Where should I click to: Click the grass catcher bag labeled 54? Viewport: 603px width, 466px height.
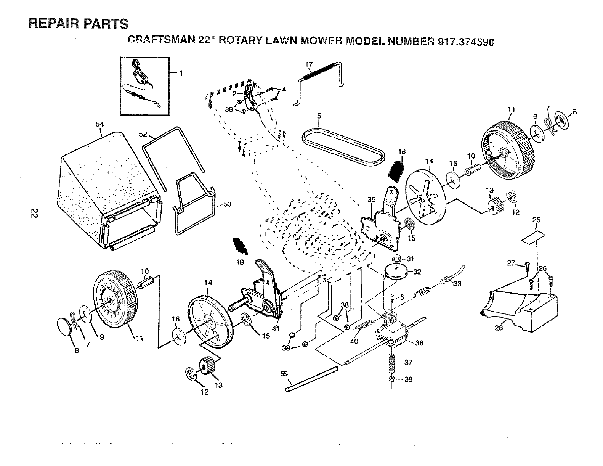(110, 191)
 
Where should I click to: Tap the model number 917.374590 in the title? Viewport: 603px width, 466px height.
(466, 42)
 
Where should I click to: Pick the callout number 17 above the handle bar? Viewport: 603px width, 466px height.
(309, 64)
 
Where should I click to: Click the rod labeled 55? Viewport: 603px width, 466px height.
(312, 379)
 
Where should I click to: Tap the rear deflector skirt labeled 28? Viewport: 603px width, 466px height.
(519, 310)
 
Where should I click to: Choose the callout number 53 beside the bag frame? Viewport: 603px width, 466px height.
(228, 204)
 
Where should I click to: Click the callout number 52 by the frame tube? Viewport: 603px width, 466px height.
(143, 134)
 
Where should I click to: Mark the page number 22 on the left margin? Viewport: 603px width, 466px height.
(34, 213)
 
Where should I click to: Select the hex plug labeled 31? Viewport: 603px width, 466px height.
(396, 258)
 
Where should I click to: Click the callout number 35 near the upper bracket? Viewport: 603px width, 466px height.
(371, 199)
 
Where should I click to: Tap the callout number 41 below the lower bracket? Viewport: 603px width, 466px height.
(276, 329)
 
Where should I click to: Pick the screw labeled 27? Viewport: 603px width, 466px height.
(528, 265)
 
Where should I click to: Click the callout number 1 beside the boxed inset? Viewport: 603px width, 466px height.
(181, 73)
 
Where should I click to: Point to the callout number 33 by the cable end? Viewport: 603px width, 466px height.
(457, 284)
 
